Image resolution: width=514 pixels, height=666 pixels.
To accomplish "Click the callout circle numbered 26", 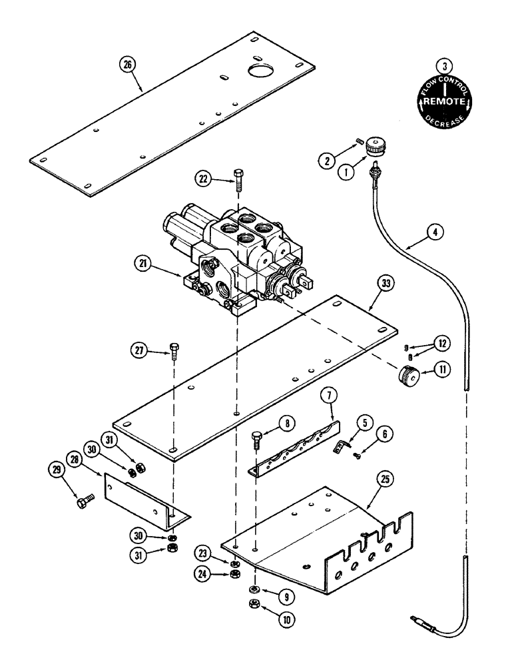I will point(127,65).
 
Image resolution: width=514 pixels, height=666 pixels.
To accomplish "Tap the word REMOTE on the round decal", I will point(443,101).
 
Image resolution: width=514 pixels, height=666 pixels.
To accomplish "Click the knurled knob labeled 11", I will point(407,378).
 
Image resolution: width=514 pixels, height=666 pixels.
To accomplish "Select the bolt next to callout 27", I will point(173,349).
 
